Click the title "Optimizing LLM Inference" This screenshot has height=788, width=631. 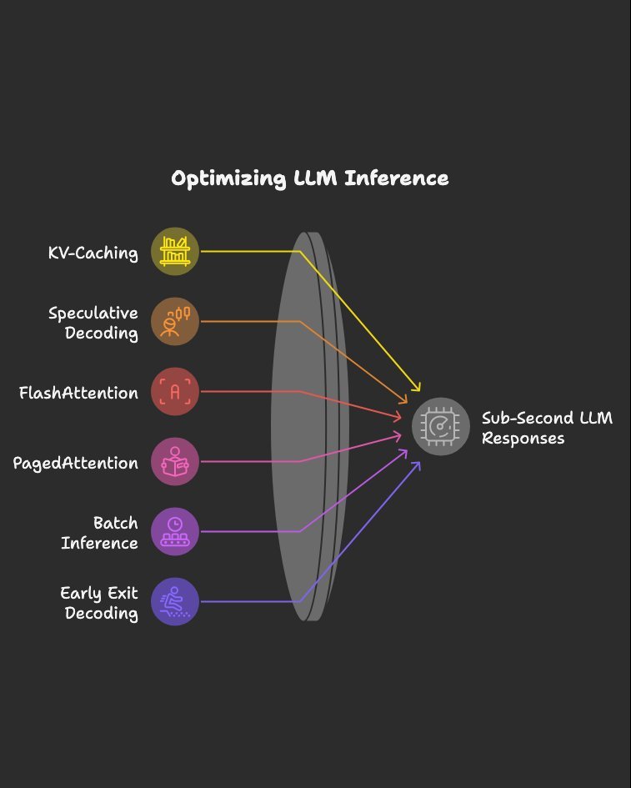[309, 178]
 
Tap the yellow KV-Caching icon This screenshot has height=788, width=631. [175, 251]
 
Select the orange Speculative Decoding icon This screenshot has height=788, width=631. [175, 321]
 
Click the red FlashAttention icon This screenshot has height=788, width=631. [175, 391]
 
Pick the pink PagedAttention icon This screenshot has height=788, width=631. [175, 461]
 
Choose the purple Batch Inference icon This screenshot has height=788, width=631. [175, 531]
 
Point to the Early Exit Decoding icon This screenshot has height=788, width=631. [175, 601]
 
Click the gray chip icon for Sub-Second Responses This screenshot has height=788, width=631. [441, 426]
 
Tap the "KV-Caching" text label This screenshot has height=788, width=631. [93, 253]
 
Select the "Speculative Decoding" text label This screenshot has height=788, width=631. [93, 323]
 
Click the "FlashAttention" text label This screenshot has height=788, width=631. [78, 393]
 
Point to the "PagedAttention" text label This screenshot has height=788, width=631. [75, 463]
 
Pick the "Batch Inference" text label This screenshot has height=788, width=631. [99, 533]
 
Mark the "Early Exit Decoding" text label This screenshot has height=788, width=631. [99, 603]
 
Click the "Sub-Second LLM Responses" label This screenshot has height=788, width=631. [547, 428]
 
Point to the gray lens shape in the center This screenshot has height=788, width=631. [308, 425]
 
